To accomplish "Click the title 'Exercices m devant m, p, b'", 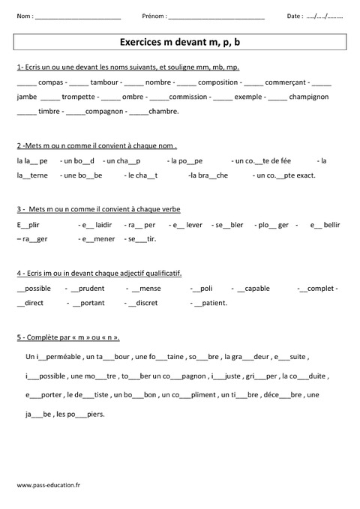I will (x=180, y=43).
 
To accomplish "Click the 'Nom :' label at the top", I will (x=23, y=16).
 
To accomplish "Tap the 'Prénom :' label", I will (x=154, y=16).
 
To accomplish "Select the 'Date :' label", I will (x=295, y=16).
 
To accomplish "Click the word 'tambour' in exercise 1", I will (x=103, y=82).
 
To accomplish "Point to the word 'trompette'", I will (x=79, y=97).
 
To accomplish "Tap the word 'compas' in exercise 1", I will (x=50, y=82).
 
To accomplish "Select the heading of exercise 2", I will (x=96, y=145).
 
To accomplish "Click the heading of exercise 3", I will (x=97, y=209).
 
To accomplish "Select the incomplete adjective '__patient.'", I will (x=209, y=303).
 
